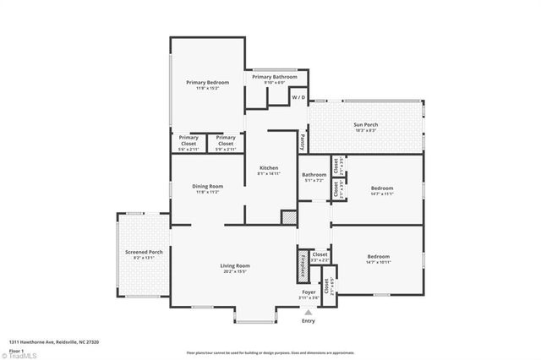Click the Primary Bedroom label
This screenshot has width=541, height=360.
pos(207,82)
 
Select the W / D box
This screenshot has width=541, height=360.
pos(298,98)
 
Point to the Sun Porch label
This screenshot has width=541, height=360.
pos(365,125)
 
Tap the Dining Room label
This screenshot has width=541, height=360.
pos(207,186)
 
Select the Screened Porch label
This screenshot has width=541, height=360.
pos(144,252)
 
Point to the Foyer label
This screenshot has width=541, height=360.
pos(309,292)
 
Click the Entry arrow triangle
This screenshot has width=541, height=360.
pos(308,312)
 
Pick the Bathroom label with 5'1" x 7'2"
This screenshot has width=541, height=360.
pos(314,175)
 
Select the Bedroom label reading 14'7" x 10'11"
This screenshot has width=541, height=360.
pos(378,257)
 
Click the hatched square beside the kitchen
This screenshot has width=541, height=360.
pos(289,217)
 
